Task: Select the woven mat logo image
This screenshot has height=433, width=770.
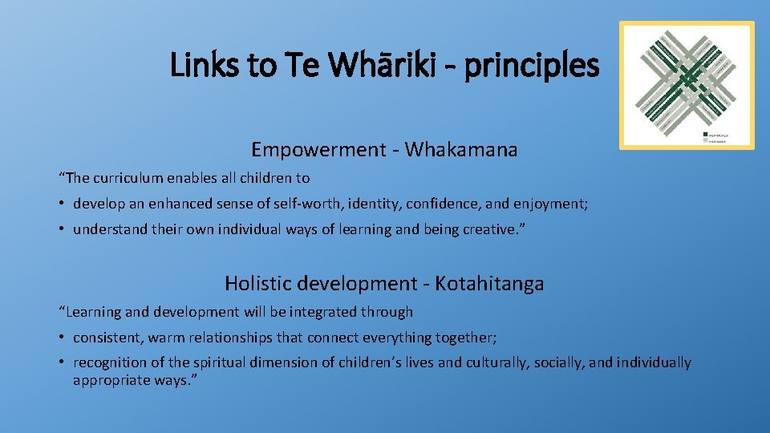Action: coord(687,85)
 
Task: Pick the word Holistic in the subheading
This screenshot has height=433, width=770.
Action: coord(254,283)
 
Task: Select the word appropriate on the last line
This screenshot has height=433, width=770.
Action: coord(110,380)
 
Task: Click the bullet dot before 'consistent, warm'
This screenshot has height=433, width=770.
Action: coord(63,338)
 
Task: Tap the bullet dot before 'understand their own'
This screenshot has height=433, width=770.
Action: coord(63,230)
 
